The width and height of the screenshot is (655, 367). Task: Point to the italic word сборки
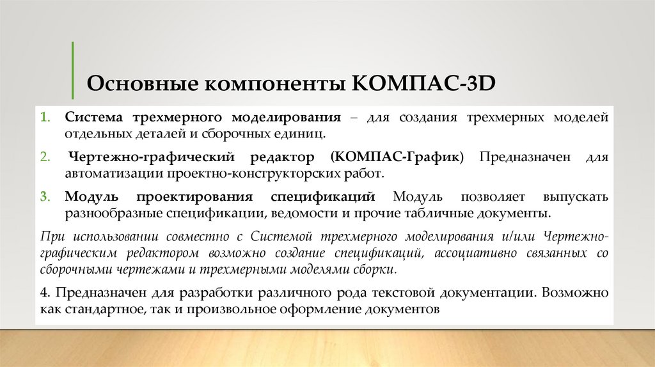click(x=377, y=269)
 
